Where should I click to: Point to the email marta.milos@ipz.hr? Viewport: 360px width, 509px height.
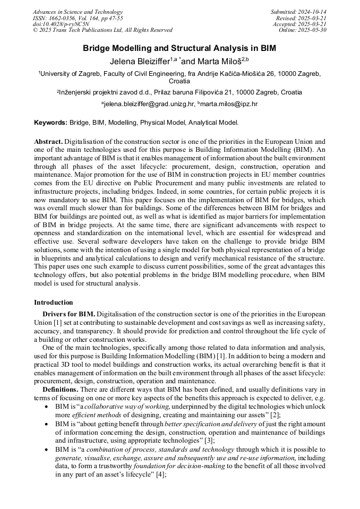[x=229, y=105]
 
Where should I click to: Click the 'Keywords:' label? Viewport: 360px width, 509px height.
[x=50, y=123]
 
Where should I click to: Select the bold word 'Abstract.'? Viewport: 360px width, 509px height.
[x=48, y=142]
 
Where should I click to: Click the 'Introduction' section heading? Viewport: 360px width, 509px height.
[x=54, y=303]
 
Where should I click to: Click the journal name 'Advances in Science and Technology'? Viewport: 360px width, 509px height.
[x=78, y=12]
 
